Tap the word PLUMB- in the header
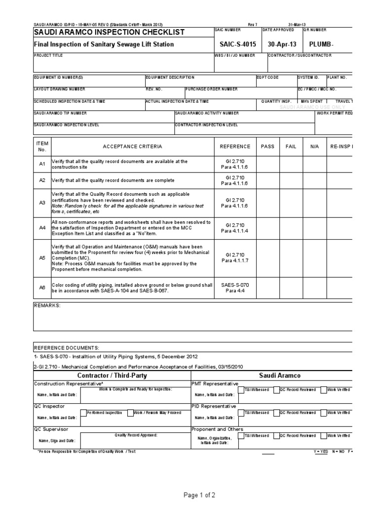tap(321, 44)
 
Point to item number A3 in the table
tap(42, 203)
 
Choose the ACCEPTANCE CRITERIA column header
tap(132, 147)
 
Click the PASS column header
tap(267, 147)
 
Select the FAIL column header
tap(291, 147)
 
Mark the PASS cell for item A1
tap(267, 164)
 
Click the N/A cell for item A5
tap(315, 257)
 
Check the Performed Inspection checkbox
tap(82, 412)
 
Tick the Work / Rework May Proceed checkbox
tap(131, 412)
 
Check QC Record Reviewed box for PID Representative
tap(276, 412)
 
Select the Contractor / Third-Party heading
tap(112, 376)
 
